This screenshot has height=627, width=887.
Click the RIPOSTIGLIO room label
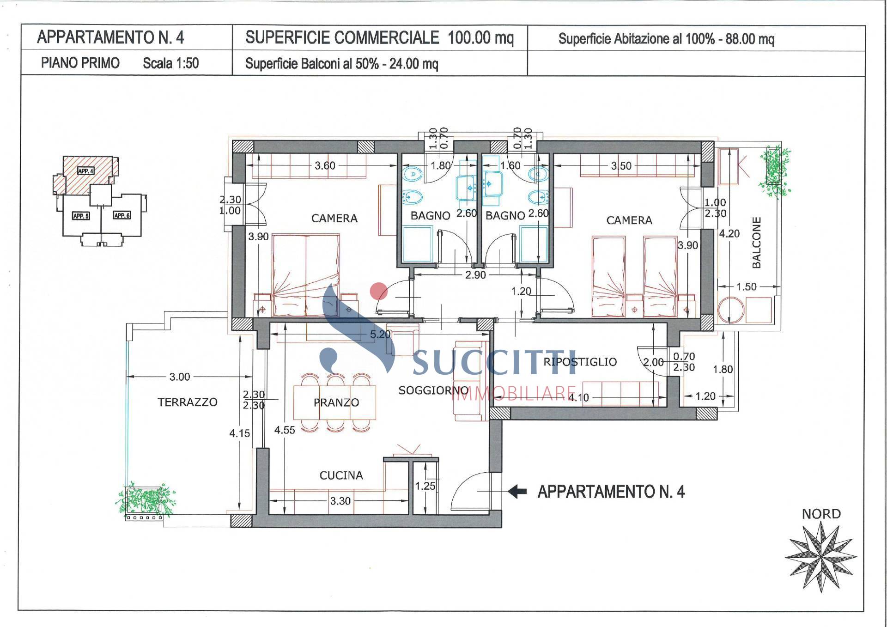[580, 362]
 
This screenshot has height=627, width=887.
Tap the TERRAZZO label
[187, 402]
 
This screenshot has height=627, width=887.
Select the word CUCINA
[341, 475]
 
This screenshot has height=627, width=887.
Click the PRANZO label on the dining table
[336, 402]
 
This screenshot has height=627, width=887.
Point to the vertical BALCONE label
[756, 243]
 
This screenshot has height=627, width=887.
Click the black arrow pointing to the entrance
[517, 491]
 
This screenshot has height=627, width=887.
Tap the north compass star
[820, 556]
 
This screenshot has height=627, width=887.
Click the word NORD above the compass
[821, 514]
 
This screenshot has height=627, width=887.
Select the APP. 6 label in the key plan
[122, 215]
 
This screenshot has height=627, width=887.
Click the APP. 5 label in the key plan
[81, 216]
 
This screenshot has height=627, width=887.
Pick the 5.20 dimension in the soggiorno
[380, 334]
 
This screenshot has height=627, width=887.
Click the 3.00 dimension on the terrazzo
[179, 377]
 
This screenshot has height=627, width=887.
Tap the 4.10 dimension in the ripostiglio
[578, 397]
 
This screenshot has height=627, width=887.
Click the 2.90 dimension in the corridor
[475, 275]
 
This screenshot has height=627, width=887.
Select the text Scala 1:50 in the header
[170, 63]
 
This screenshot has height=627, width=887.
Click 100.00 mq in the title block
[480, 37]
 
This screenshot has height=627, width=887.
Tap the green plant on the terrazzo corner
[146, 500]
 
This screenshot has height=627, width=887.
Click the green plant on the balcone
[775, 171]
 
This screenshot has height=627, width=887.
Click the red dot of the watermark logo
[379, 291]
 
